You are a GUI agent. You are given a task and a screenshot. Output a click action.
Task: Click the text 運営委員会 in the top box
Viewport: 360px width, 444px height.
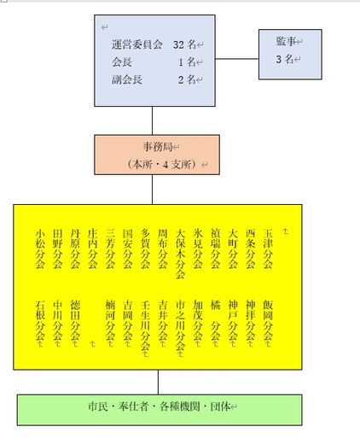click(x=136, y=44)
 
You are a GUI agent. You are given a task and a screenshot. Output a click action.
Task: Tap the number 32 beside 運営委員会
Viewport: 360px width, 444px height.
click(x=179, y=44)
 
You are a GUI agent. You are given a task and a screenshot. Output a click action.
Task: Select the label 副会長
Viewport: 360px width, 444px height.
click(x=126, y=79)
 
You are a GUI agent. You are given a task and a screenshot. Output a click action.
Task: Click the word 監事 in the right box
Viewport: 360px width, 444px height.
click(x=286, y=41)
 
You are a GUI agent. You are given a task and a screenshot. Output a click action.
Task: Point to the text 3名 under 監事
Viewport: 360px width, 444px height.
click(x=285, y=59)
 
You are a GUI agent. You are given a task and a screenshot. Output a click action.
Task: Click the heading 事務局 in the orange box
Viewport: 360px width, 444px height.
click(x=158, y=147)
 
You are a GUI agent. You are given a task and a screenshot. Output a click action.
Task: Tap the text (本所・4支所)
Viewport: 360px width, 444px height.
click(x=162, y=164)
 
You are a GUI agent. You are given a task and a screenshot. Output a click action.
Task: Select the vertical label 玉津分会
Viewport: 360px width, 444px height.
click(x=268, y=248)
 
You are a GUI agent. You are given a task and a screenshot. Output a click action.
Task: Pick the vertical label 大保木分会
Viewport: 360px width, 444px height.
click(x=180, y=254)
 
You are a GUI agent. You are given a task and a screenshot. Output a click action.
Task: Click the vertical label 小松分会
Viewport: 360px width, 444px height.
click(x=40, y=248)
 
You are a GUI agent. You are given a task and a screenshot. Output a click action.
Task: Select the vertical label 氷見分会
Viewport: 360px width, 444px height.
click(x=198, y=248)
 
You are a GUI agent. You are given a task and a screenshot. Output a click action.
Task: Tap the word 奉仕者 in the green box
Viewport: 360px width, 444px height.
click(x=133, y=406)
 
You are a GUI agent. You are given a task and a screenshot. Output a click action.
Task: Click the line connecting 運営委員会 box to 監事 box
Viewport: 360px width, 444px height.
click(x=237, y=59)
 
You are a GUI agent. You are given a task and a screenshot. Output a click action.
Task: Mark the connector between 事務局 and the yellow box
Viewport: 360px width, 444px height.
click(x=152, y=190)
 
